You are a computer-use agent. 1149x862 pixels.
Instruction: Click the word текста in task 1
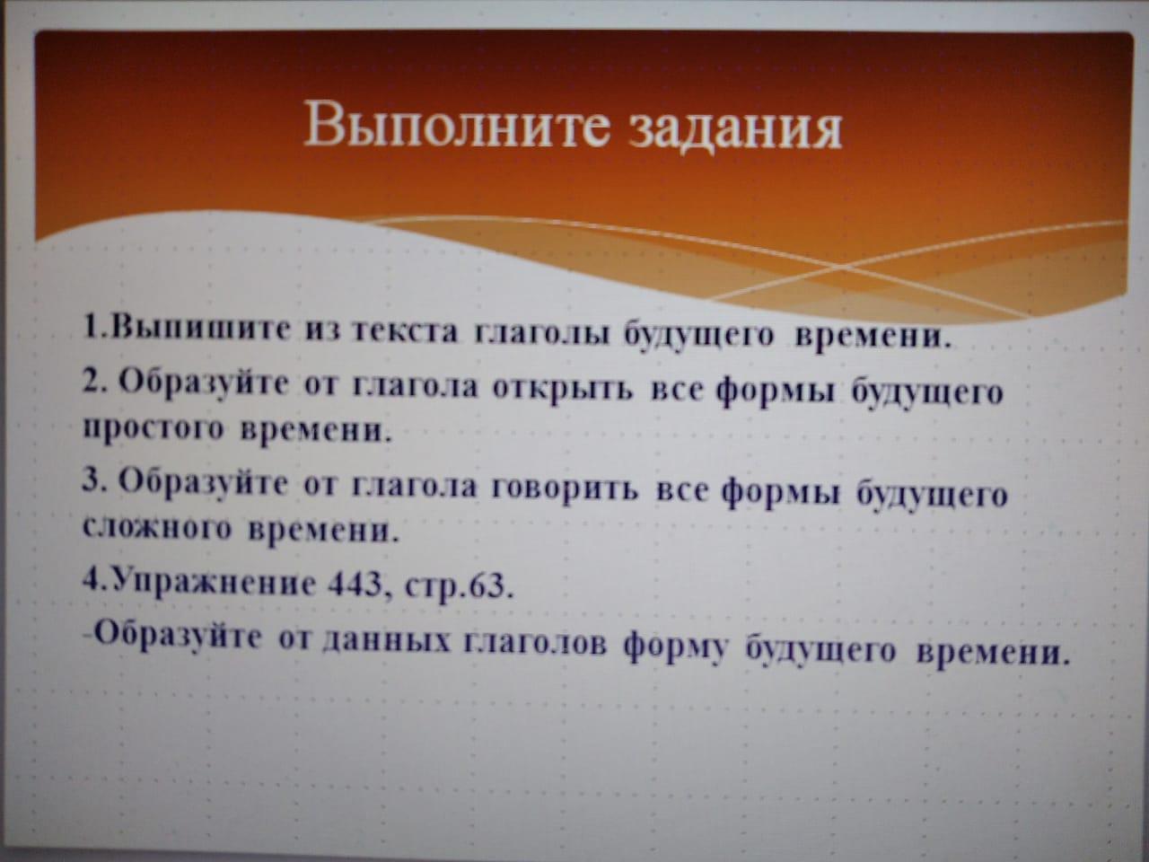405,332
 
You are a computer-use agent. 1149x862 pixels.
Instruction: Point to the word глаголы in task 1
541,334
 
